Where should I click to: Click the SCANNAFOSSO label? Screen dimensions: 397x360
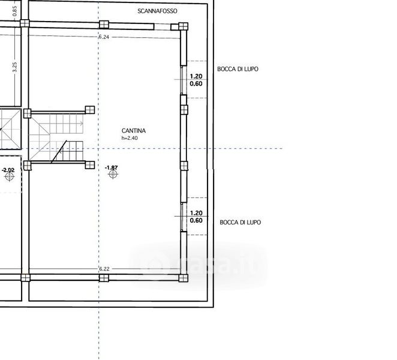pos(157,11)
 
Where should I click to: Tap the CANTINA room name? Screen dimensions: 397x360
pos(134,131)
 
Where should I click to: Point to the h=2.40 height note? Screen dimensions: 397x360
pos(130,138)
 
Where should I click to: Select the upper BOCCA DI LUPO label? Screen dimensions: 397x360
pos(237,69)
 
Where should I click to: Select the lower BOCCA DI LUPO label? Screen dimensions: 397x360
pos(240,222)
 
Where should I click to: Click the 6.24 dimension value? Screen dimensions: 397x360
pos(104,37)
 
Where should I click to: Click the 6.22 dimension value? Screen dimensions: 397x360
pos(104,269)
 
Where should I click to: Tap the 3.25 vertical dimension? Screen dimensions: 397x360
pos(14,67)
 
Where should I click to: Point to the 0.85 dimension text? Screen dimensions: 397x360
pos(14,11)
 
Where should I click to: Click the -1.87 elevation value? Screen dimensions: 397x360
pos(112,168)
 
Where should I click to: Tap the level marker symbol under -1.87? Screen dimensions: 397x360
pos(113,174)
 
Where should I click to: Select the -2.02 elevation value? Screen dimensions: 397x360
pos(8,170)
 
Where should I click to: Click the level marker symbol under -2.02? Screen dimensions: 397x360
pos(10,176)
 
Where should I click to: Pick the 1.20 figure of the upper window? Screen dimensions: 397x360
pos(196,76)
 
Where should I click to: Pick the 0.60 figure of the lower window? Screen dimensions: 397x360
pos(196,220)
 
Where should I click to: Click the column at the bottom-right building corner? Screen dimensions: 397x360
pos(184,278)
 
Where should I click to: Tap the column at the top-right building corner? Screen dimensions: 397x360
pos(184,26)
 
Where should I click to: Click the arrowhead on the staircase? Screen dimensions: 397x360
pos(82,124)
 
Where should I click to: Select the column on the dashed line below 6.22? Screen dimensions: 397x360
pos(104,278)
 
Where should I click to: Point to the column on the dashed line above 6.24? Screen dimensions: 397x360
pos(104,25)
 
